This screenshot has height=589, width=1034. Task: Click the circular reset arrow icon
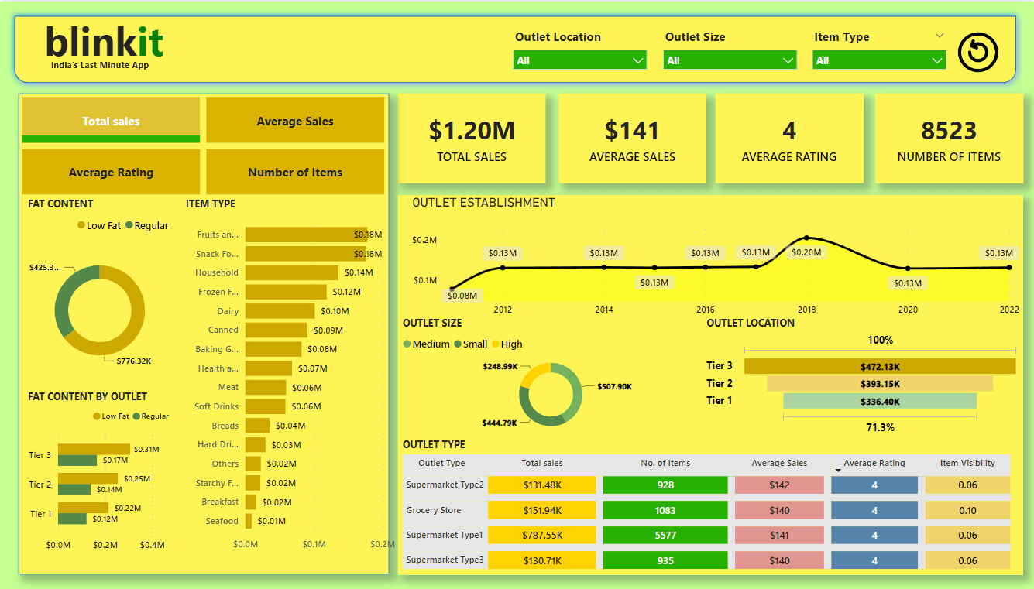977,53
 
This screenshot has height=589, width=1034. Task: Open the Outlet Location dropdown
579,60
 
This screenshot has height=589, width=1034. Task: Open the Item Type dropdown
878,60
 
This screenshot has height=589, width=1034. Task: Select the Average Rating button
111,172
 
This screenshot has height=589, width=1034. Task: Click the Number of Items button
295,172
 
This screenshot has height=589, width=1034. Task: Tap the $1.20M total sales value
471,131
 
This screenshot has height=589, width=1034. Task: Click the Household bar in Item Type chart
291,272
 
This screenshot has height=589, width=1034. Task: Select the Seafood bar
249,521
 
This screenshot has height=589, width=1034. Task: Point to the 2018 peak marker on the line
806,238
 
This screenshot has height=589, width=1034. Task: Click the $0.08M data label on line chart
463,295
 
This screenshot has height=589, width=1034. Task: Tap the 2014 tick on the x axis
603,310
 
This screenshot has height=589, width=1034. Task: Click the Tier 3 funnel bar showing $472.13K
879,367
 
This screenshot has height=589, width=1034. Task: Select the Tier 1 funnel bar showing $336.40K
879,401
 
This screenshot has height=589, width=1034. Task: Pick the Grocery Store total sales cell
542,511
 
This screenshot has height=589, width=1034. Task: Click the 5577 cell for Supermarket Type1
665,536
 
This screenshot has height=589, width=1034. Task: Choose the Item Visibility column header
967,463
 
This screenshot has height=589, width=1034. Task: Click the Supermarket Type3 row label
445,560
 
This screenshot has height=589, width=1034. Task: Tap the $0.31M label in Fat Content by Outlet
146,449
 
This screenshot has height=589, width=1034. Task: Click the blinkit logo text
105,42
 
